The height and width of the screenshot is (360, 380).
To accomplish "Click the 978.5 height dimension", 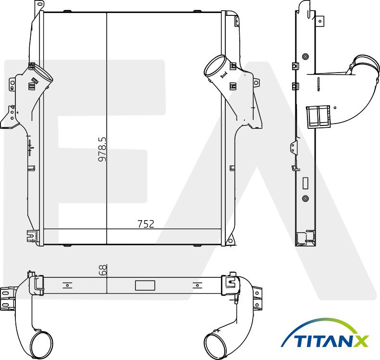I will coord(102,149).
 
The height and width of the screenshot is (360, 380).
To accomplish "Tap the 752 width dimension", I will coord(146,224).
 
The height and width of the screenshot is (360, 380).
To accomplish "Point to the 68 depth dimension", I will coord(102,270).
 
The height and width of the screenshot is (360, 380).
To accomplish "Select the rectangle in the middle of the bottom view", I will coord(145,285).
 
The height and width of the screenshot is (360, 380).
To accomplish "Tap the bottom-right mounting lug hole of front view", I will coord(230,239).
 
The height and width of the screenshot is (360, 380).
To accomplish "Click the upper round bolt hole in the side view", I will coord(305,56).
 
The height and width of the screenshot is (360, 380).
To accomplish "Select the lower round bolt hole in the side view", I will coord(306,198).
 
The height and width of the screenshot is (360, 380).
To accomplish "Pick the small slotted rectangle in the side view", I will coord(306,183).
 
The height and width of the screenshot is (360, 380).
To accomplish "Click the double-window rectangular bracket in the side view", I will coord(318,116).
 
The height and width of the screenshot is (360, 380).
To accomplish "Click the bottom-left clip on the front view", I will coord(32,236).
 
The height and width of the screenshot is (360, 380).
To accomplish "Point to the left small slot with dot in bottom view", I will coord(68,285).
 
